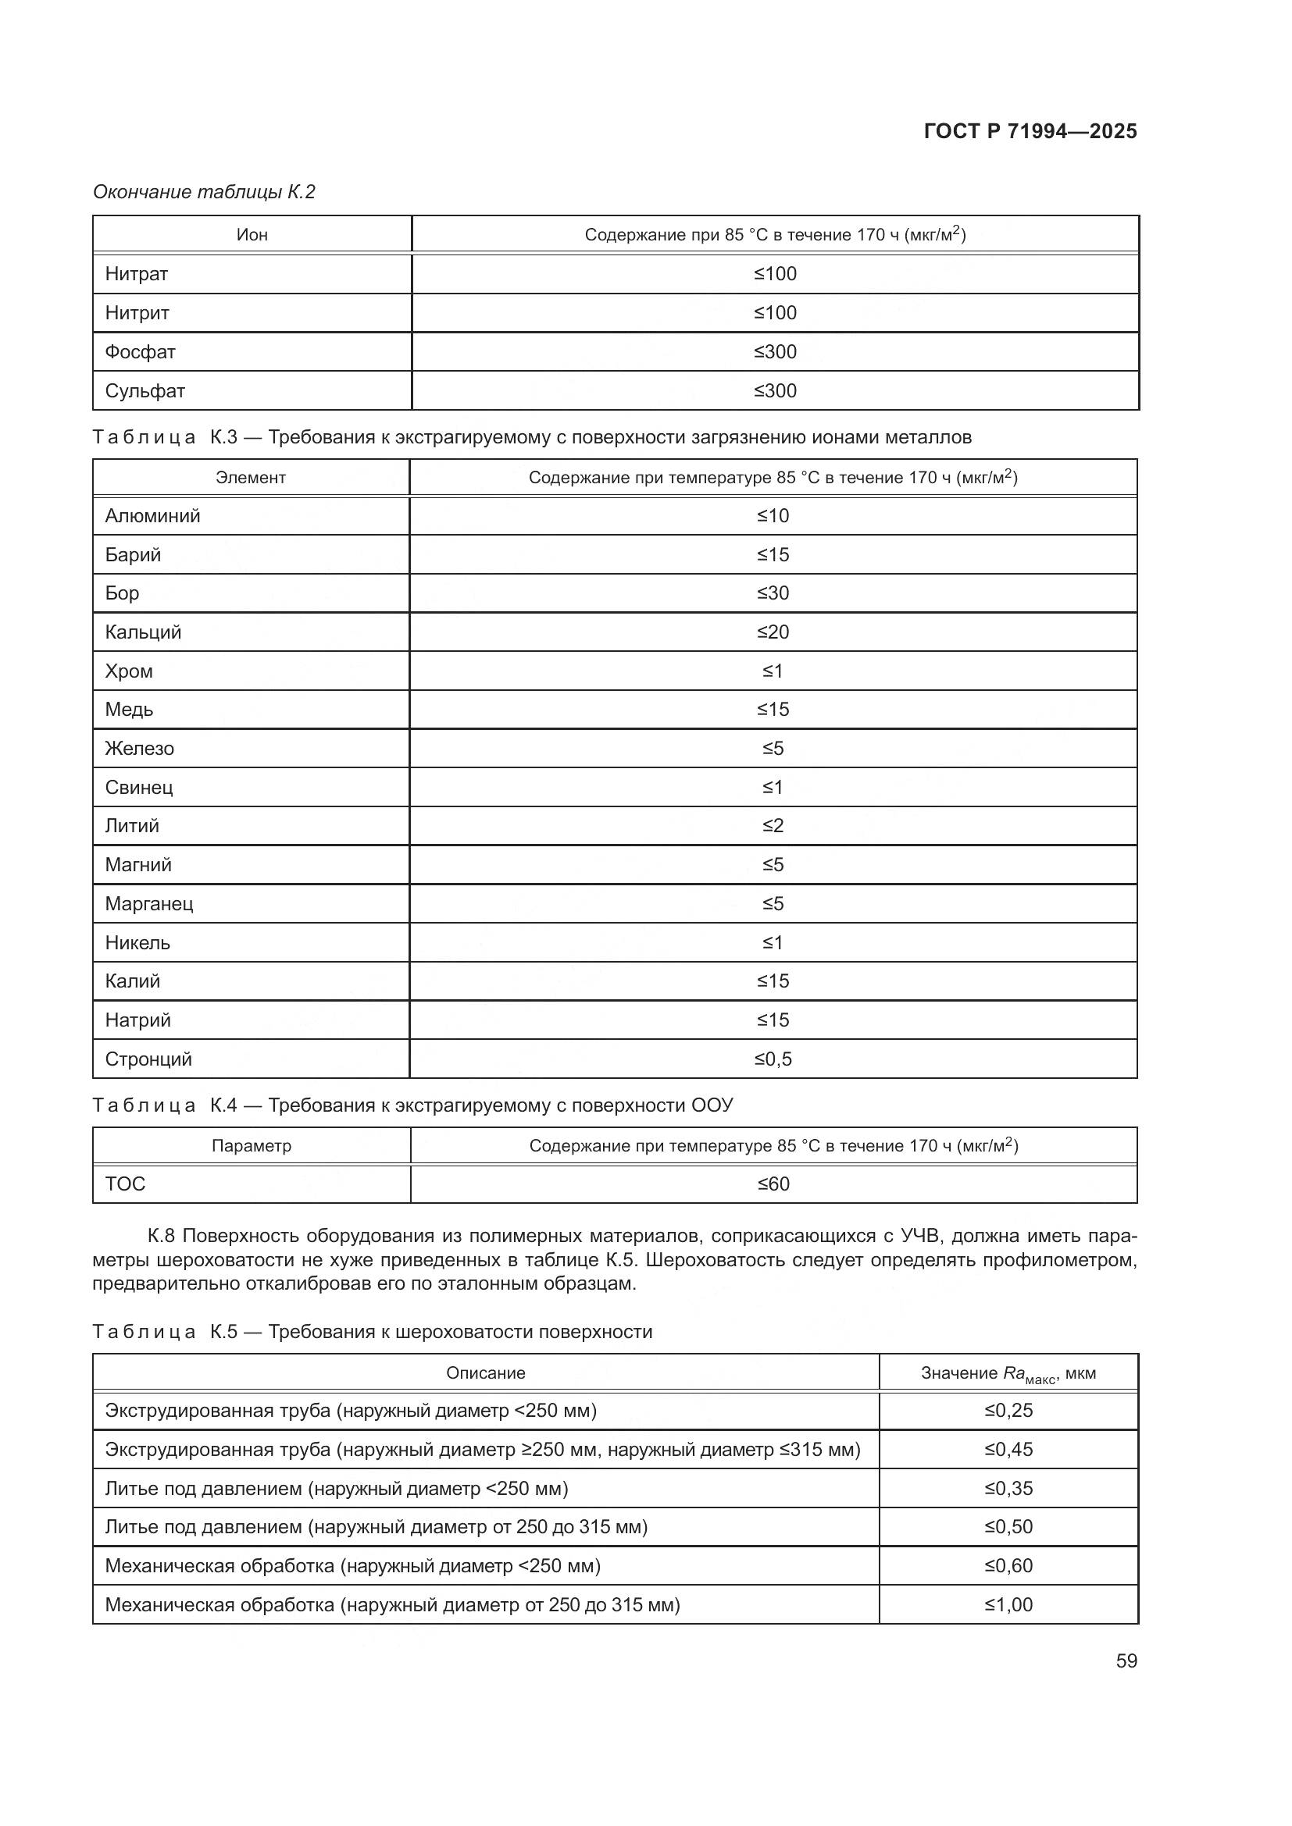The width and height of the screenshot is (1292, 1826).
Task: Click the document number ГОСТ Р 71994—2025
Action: pos(1030,131)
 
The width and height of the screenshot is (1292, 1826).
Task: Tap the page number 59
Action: pos(1126,1660)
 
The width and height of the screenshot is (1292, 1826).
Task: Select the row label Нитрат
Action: pos(137,273)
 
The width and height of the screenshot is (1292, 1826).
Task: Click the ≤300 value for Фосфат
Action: pos(775,351)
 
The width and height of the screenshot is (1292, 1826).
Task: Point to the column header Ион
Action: pos(252,235)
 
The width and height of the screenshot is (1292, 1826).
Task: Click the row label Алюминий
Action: pos(153,516)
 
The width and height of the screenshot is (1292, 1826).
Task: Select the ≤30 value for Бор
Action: pos(773,593)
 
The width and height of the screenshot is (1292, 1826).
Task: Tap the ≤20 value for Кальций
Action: pos(773,632)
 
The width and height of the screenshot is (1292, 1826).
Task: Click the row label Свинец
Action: pos(139,788)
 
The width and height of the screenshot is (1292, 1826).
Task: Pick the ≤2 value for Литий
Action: pos(773,825)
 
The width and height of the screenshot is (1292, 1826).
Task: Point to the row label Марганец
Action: pos(148,903)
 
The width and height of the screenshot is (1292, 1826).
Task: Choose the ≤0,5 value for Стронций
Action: pos(773,1059)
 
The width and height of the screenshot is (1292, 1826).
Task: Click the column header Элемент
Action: pos(251,478)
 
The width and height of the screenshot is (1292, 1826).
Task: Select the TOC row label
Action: pos(126,1184)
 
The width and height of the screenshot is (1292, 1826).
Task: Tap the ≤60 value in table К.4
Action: pos(773,1184)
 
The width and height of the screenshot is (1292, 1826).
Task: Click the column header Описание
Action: pos(485,1372)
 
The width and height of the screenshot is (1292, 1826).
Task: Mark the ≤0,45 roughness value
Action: pos(1008,1450)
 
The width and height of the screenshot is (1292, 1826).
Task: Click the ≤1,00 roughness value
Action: pos(1008,1604)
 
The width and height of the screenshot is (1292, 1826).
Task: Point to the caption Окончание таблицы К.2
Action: pos(205,192)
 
